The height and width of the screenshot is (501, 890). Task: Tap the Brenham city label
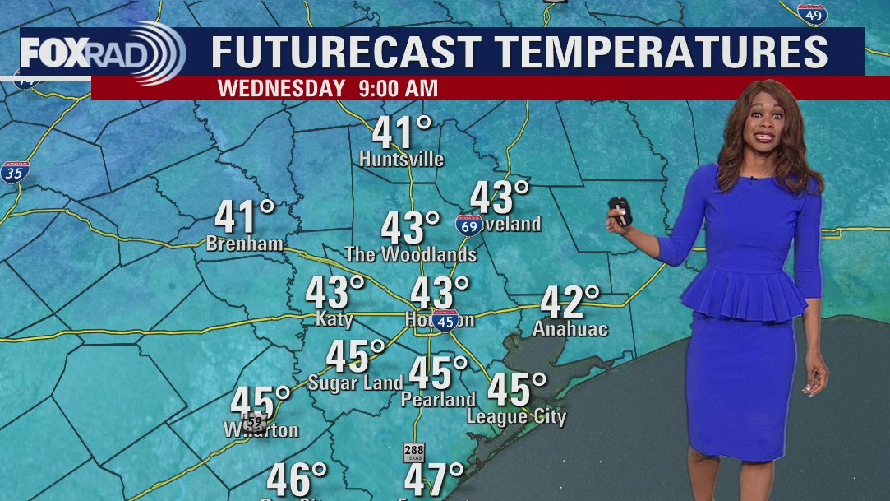(x=245, y=244)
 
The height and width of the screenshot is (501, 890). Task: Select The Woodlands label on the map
(x=411, y=254)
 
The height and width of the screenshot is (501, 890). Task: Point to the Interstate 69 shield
(x=469, y=225)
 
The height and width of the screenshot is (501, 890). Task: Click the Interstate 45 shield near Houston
(x=445, y=320)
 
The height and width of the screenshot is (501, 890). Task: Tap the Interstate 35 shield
(x=12, y=172)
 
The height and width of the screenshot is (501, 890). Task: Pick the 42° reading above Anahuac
(x=570, y=302)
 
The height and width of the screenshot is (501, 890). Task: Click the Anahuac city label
(x=570, y=329)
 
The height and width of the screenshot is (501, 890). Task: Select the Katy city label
(x=334, y=319)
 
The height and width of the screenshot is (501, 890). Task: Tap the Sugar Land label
(x=355, y=383)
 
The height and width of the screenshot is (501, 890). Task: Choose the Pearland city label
(x=438, y=400)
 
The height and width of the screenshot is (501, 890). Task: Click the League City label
(x=516, y=416)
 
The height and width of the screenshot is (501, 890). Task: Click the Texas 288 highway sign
(x=413, y=452)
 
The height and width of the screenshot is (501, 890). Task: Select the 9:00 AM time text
(x=399, y=87)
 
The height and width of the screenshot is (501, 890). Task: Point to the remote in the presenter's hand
(x=620, y=211)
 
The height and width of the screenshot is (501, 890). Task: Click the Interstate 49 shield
(x=813, y=13)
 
